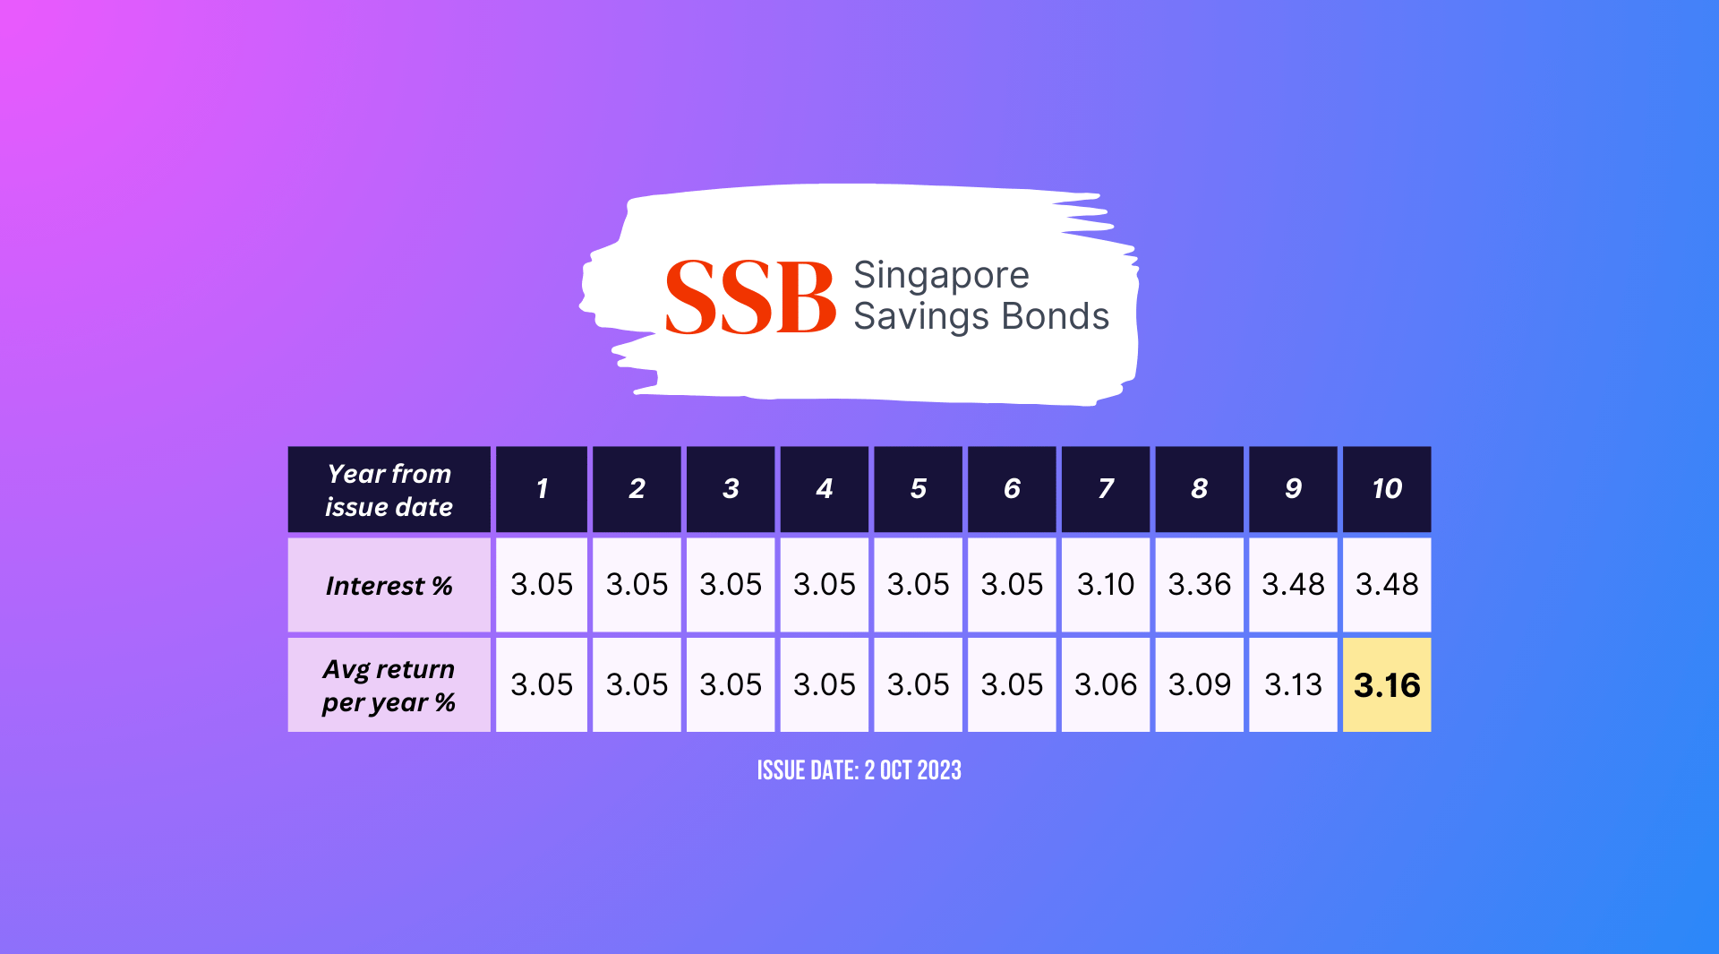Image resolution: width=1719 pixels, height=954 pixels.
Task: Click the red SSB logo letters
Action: click(x=750, y=297)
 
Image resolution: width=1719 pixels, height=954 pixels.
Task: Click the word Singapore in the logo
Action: click(x=941, y=276)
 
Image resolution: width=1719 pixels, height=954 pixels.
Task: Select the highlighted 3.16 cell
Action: click(x=1386, y=685)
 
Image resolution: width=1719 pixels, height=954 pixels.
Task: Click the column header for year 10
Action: click(x=1386, y=489)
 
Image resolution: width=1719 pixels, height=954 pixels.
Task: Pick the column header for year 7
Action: click(x=1105, y=489)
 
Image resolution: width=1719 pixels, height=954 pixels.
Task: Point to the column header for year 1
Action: click(x=542, y=489)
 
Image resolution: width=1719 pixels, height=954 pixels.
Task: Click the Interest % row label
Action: click(x=389, y=586)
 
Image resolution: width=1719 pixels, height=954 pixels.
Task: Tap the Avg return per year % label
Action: click(x=389, y=685)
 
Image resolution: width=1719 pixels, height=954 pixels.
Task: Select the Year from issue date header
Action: click(x=389, y=490)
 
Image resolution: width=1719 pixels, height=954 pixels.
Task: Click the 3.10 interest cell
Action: click(x=1105, y=585)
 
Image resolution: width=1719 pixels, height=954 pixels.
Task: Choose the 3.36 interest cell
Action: click(x=1199, y=585)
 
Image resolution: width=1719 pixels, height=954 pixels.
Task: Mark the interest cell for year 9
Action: click(x=1293, y=585)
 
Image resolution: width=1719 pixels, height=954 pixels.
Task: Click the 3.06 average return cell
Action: click(x=1105, y=685)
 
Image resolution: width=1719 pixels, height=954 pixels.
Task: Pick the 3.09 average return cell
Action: click(x=1199, y=685)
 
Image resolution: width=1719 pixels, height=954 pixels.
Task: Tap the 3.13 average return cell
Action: click(x=1293, y=685)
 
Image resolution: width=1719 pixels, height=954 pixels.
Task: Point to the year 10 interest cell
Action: click(x=1386, y=585)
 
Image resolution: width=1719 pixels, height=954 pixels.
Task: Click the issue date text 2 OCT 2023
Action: click(x=912, y=770)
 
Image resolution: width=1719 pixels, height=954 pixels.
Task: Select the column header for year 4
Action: click(x=824, y=489)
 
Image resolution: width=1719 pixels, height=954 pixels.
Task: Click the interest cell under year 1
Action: click(x=542, y=585)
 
